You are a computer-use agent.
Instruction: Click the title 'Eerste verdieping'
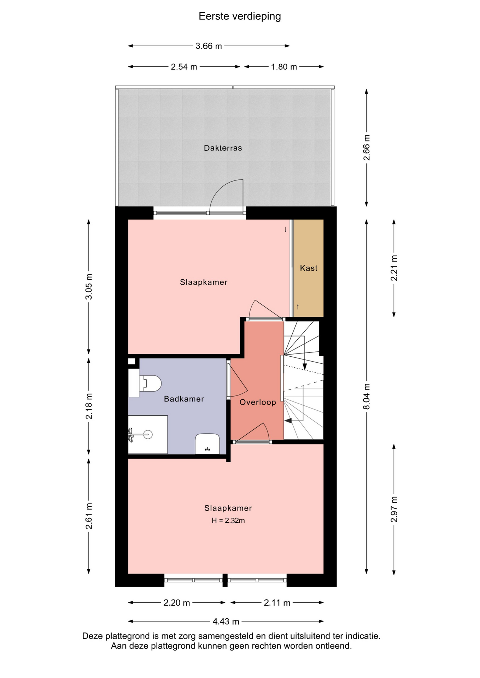tap(240, 17)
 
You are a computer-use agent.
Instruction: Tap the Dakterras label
tap(223, 148)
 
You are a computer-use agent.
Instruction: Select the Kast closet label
tap(309, 268)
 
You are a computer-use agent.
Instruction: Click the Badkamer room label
tap(184, 399)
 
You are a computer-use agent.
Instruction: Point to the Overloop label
tap(258, 402)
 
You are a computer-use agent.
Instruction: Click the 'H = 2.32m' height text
tap(228, 520)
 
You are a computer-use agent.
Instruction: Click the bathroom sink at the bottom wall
tap(207, 444)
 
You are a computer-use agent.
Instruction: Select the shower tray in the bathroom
tap(148, 434)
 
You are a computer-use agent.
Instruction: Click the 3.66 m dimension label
tap(209, 46)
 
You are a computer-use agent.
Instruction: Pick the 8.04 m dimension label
tap(367, 396)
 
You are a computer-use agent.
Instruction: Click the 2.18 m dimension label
tap(89, 406)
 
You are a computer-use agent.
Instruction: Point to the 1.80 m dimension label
tap(284, 67)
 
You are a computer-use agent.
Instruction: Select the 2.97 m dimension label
tap(394, 509)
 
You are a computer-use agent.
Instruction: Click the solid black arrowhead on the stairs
tap(288, 421)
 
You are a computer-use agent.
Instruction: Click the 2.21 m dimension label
tap(394, 268)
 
